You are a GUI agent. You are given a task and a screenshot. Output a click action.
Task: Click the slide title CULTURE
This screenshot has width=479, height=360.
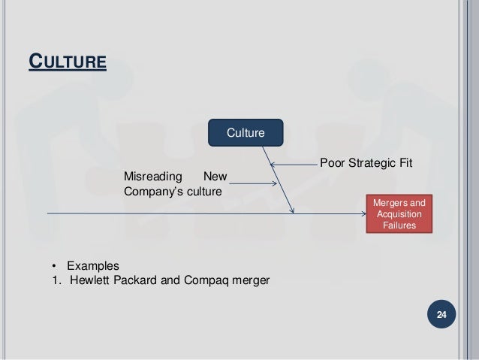pos(68,59)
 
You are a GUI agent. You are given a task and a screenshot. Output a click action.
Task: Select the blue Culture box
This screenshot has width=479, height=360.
pos(246,133)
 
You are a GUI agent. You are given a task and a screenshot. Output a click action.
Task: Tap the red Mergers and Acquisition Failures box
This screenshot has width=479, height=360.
pos(398,214)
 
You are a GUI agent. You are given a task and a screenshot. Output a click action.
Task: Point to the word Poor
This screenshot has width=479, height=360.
pos(333,162)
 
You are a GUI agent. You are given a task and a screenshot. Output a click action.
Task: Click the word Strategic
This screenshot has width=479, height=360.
pos(371,162)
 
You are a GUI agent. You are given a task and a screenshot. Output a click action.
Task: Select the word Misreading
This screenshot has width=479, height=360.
pos(152,177)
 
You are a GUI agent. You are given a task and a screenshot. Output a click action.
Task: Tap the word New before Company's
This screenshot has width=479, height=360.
pos(215,177)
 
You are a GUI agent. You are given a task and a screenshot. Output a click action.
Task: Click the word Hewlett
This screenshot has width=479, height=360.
pos(89,281)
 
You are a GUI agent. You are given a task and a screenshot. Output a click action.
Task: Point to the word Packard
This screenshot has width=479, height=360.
pos(133,281)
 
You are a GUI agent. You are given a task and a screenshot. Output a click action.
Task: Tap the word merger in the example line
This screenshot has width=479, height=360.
pos(251,281)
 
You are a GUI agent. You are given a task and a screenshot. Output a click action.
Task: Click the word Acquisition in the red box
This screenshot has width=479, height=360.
pos(398,214)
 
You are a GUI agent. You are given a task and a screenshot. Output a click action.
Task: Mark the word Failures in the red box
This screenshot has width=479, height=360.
pos(398,225)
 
